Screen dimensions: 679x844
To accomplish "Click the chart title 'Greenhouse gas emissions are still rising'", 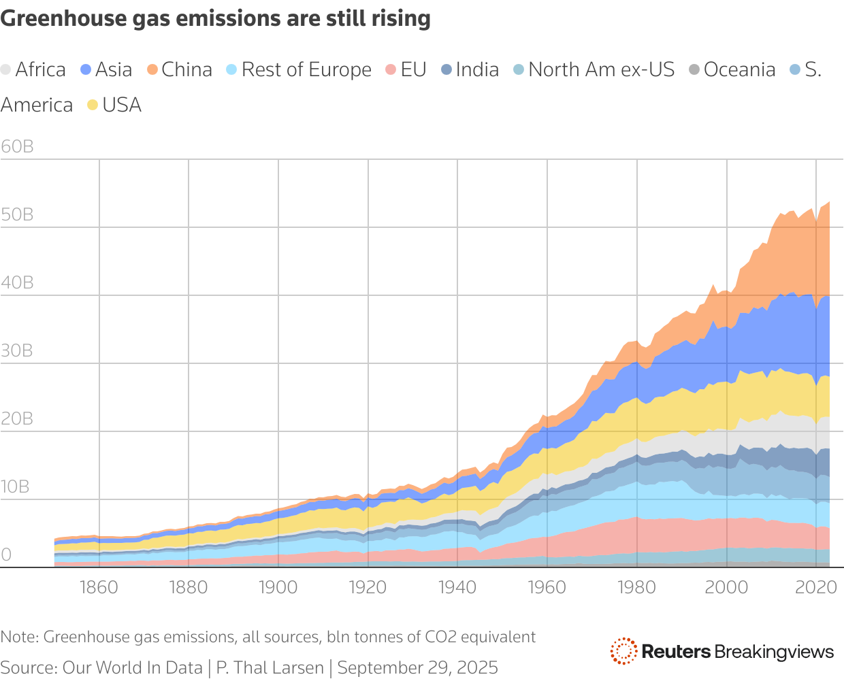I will pos(215,18).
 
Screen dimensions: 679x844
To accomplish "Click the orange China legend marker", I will pos(152,69).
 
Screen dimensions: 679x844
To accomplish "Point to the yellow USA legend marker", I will pos(93,105).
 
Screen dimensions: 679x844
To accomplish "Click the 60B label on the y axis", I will pos(17,146).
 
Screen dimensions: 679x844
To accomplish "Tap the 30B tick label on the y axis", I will pos(17,350).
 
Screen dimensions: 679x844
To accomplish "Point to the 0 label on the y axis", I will pos(6,554).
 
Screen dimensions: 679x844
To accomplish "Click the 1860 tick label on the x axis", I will pos(99,586).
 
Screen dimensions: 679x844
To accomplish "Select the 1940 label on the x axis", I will pos(457,586).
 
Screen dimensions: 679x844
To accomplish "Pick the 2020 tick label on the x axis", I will pos(815,586).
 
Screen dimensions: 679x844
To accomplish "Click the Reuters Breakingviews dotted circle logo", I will pos(623,651).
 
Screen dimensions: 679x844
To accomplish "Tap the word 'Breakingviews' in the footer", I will pos(774,652).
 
